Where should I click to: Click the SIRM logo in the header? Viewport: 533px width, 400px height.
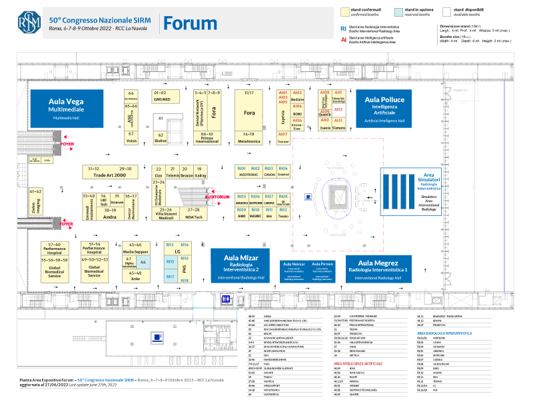point(28,21)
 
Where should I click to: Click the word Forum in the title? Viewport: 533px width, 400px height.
point(191,23)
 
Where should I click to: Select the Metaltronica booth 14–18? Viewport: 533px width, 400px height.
point(249,138)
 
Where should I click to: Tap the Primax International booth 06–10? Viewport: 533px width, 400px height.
point(207,138)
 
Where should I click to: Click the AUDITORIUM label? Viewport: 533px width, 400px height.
point(217,197)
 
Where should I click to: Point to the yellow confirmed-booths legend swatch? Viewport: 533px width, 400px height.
point(345,11)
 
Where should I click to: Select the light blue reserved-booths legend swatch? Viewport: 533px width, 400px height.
point(398,11)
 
